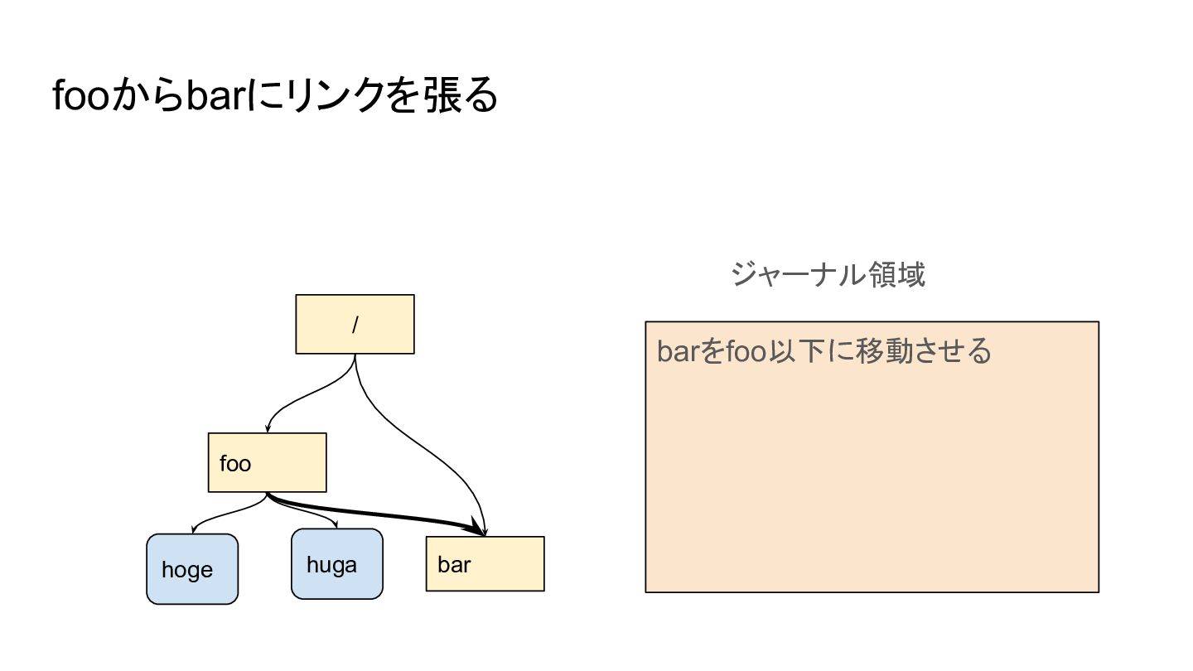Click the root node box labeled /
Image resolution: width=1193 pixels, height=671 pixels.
355,324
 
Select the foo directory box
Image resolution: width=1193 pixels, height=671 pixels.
267,462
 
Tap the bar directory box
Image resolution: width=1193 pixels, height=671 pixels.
485,563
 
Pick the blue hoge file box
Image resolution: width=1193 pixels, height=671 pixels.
192,569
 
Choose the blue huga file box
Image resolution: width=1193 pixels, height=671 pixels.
336,564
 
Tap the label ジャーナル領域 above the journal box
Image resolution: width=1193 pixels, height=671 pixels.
828,274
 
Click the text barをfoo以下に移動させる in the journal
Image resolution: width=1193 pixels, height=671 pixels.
824,351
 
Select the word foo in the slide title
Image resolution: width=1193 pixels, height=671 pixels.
81,97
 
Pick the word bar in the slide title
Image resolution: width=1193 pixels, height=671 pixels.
212,97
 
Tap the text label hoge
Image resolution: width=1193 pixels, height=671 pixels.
187,570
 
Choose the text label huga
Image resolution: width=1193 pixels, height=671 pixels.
331,565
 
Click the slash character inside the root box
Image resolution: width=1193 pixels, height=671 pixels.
355,325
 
